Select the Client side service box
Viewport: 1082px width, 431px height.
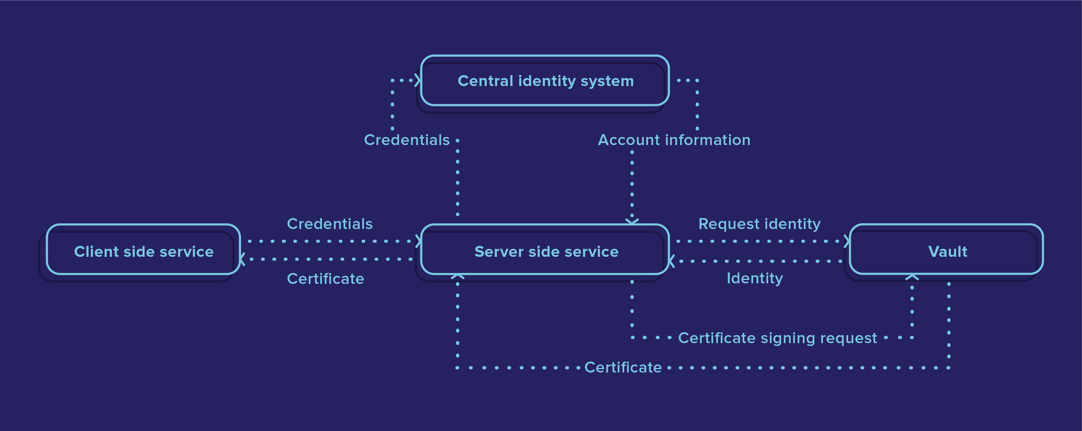[143, 251]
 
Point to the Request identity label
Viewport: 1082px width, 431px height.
[759, 224]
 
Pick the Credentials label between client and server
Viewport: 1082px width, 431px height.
[329, 224]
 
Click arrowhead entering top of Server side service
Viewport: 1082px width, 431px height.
[632, 221]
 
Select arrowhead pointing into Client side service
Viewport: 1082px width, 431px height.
[242, 259]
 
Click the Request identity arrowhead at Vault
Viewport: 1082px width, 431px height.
[847, 241]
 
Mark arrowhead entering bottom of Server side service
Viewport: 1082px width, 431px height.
[457, 276]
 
